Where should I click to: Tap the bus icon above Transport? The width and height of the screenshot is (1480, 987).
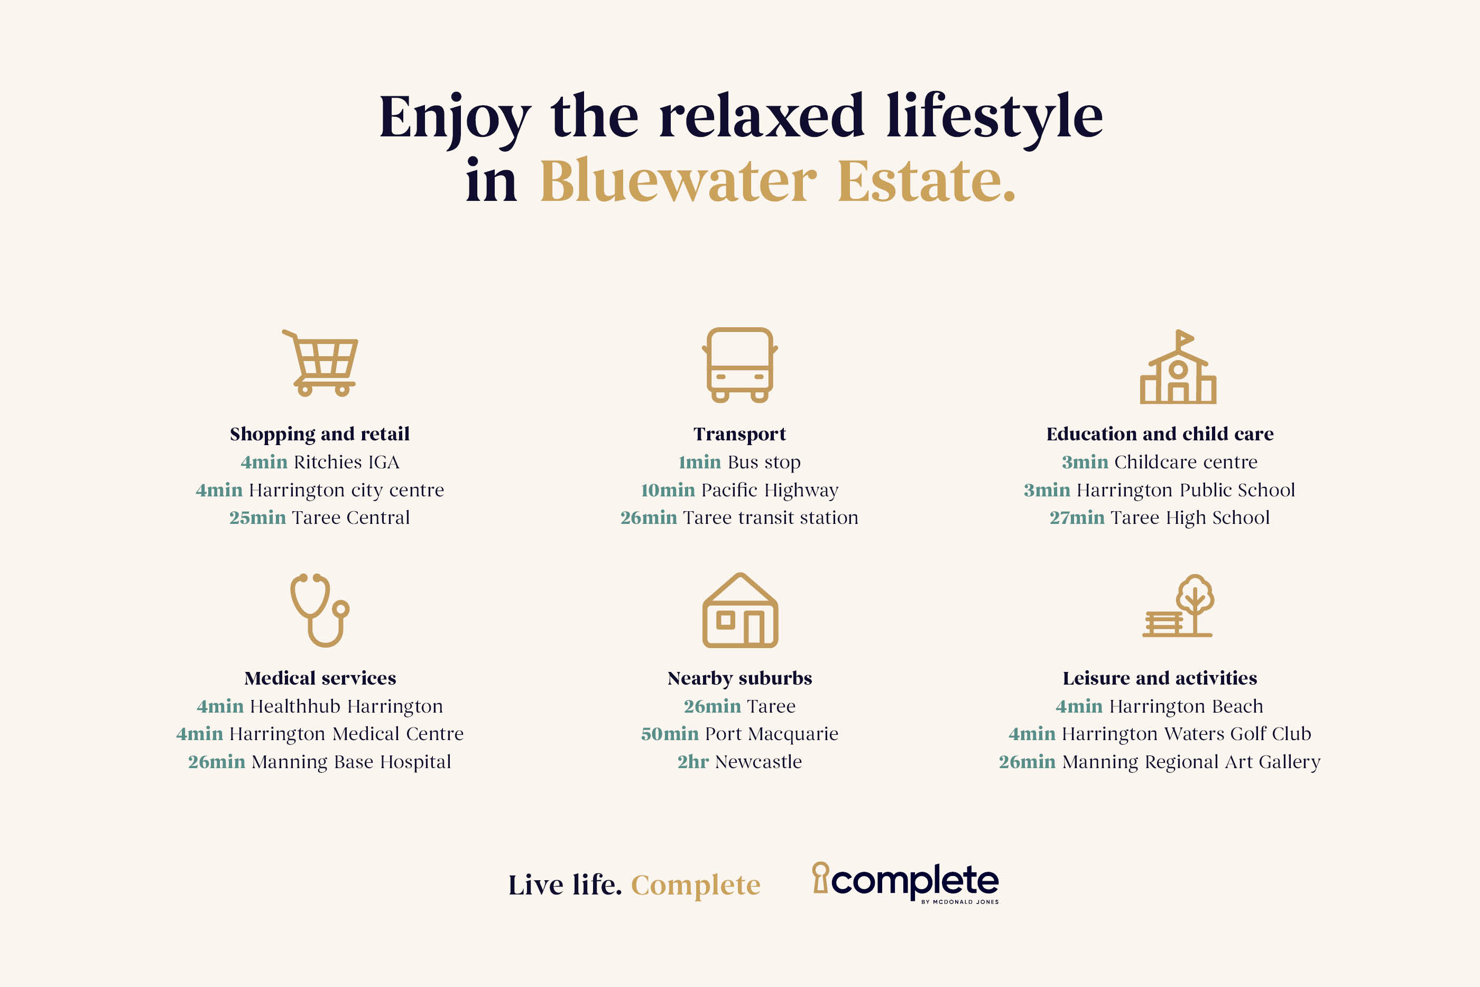(x=740, y=365)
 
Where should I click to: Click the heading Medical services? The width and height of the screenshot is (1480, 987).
(x=320, y=678)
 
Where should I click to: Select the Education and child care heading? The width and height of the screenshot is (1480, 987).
(x=1160, y=433)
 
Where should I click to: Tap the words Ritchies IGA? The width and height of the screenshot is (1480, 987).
(x=346, y=462)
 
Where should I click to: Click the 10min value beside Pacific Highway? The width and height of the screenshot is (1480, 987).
(x=668, y=490)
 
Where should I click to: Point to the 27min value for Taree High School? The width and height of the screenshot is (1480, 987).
(x=1077, y=518)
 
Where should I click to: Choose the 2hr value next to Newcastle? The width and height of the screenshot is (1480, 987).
(x=693, y=762)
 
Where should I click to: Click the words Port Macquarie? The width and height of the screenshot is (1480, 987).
(x=772, y=734)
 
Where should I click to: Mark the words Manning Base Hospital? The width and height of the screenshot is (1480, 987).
(x=351, y=762)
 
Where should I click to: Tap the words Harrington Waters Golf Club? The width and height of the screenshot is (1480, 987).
(x=1186, y=734)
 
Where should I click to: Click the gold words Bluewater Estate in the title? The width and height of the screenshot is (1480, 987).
(x=778, y=181)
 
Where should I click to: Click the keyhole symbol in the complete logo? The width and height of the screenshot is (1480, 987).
(x=820, y=877)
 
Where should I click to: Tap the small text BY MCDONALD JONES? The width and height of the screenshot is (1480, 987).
(x=959, y=902)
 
